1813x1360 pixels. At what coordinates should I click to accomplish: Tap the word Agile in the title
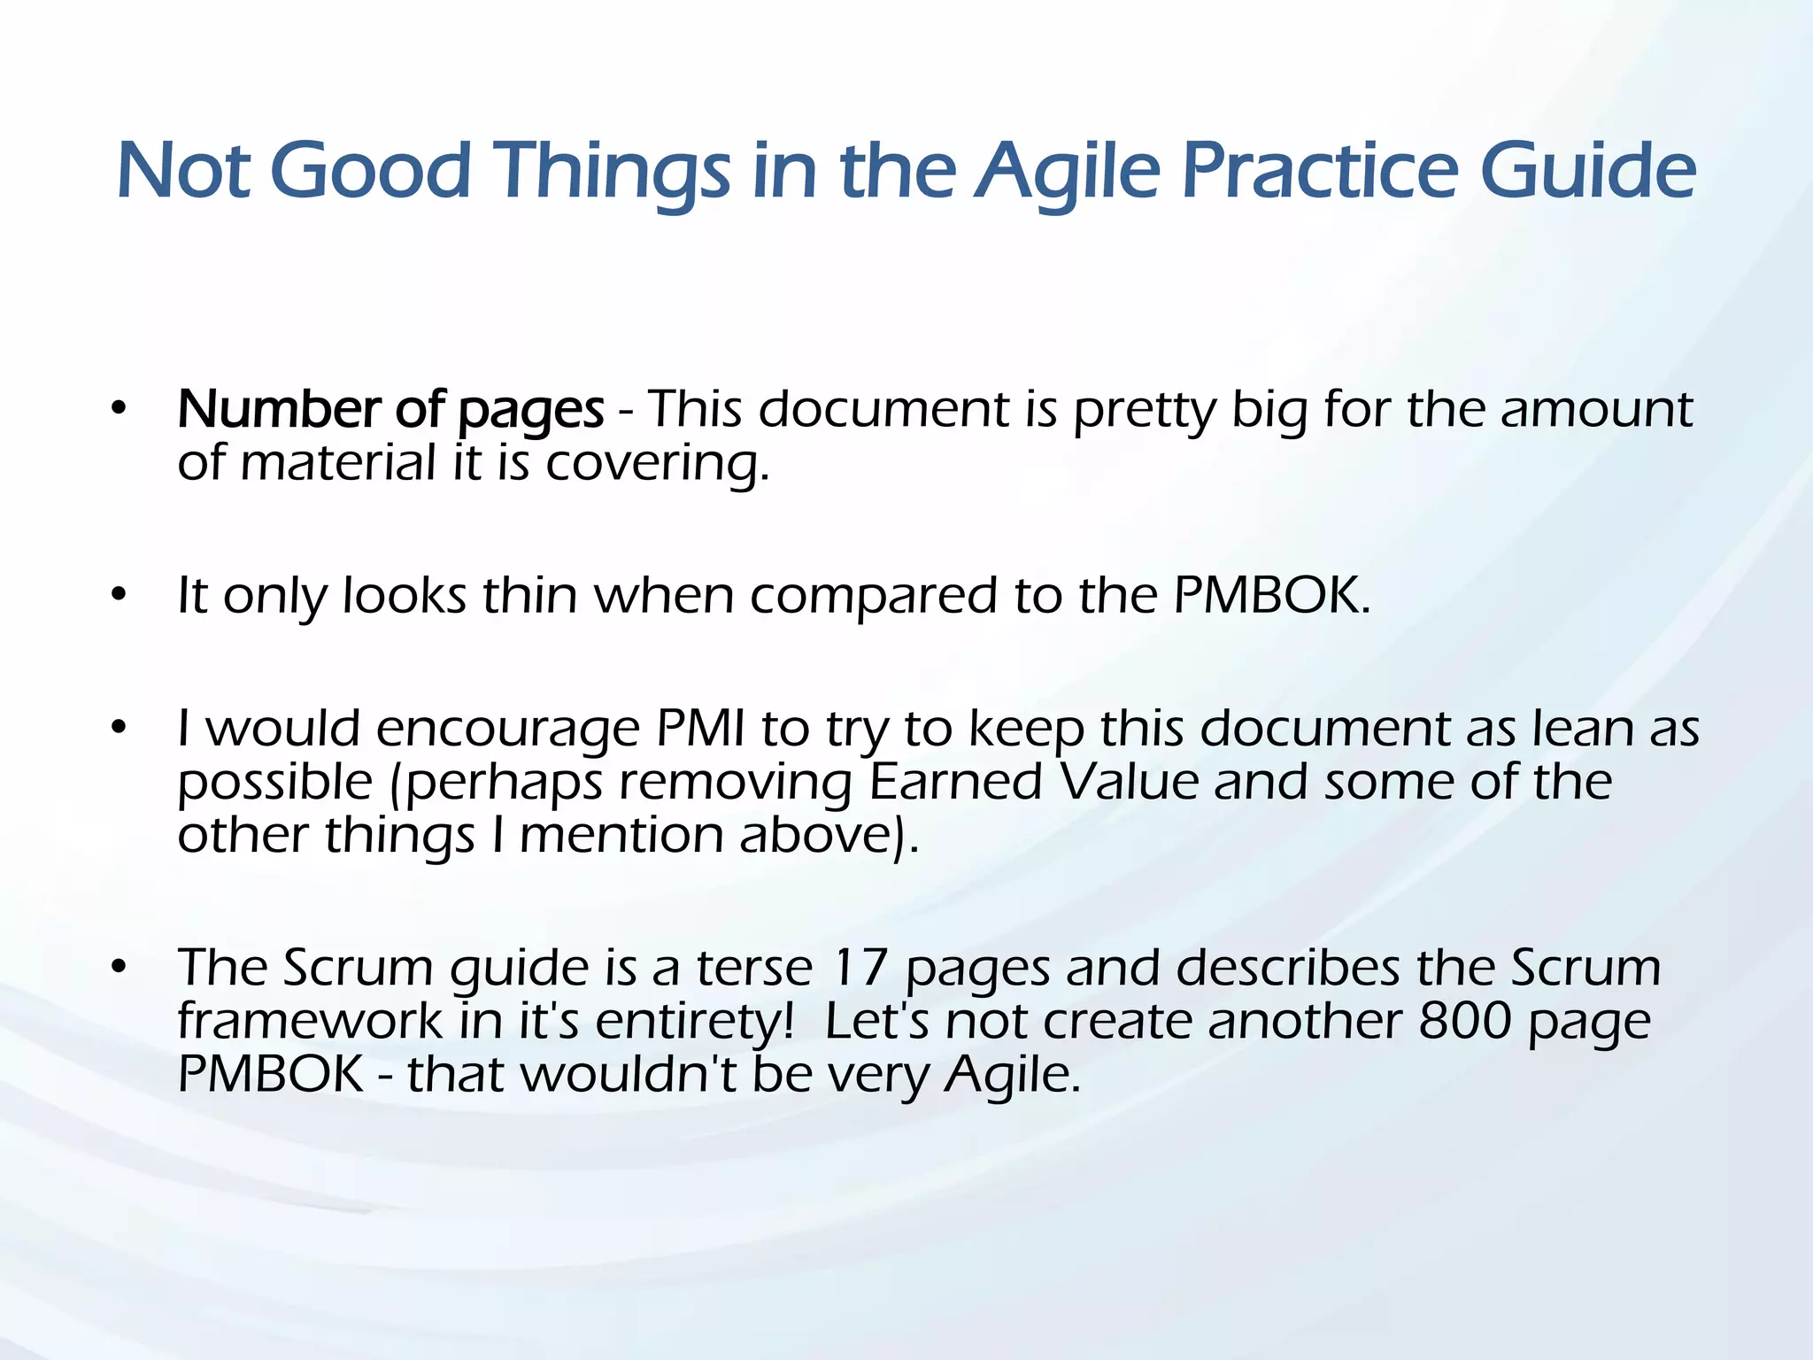1067,170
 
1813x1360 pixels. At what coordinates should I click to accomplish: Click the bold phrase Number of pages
390,410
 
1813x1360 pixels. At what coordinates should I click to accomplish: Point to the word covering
656,464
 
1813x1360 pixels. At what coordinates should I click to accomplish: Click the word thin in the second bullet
529,595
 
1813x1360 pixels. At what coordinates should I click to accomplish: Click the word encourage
507,730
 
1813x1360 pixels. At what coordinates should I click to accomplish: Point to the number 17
860,967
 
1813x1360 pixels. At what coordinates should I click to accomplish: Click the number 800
1464,1021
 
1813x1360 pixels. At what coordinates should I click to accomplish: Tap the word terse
754,967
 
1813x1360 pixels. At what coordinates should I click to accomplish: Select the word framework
309,1021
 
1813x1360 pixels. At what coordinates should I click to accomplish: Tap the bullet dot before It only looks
119,595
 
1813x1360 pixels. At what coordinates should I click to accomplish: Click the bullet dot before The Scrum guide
119,967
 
